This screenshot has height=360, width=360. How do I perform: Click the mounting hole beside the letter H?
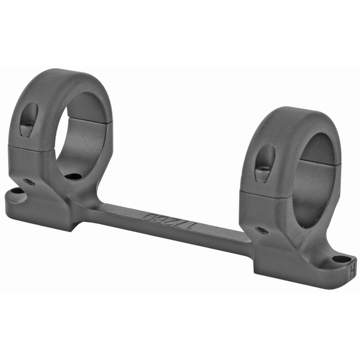[x=341, y=259]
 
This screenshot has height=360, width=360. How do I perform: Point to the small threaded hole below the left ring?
[x=28, y=182]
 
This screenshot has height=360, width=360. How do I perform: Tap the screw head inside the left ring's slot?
[x=28, y=128]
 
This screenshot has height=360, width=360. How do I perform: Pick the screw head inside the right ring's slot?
[x=262, y=173]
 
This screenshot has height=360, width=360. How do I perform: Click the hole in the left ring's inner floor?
[x=73, y=176]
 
